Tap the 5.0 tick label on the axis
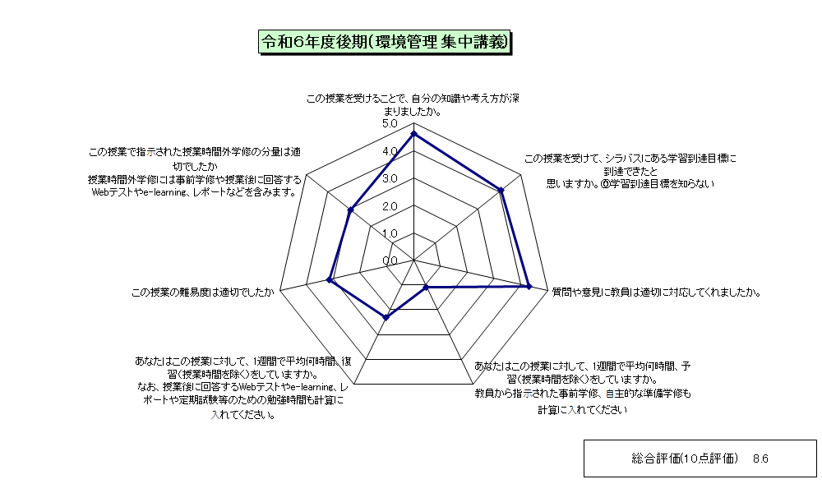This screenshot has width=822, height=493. point(390,123)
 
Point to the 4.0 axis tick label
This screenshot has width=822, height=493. point(390,151)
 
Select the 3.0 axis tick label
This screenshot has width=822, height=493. point(390,178)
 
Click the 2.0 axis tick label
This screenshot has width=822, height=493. point(390,206)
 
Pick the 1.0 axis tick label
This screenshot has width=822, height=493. point(390,233)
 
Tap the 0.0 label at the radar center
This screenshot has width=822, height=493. point(390,261)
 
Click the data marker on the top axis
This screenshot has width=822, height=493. point(413,134)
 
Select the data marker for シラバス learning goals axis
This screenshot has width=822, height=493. point(501,190)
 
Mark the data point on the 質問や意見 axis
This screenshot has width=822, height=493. point(529,286)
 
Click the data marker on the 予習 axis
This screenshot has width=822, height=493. point(426,287)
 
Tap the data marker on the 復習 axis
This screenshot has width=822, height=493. point(386,317)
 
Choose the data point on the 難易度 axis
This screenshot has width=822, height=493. point(330,279)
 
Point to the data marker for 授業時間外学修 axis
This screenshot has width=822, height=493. point(351,210)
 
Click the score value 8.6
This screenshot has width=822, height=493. point(760,459)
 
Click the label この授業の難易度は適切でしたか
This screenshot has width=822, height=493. point(203,293)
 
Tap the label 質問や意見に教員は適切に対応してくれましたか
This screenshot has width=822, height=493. point(656,293)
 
